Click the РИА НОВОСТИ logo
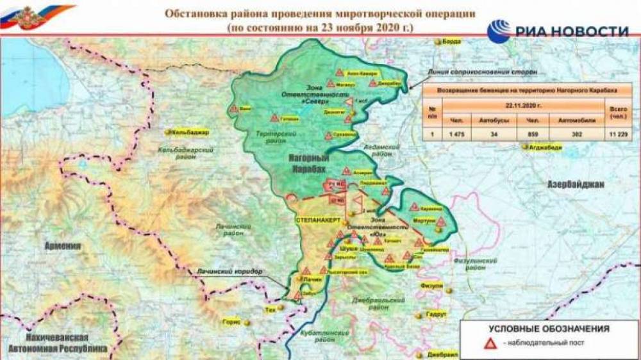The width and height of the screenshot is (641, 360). tap(557, 30)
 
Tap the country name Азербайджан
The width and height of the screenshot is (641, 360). tap(575, 184)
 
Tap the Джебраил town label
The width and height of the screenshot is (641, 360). tap(442, 354)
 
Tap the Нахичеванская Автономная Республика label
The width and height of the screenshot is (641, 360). tap(58, 342)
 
